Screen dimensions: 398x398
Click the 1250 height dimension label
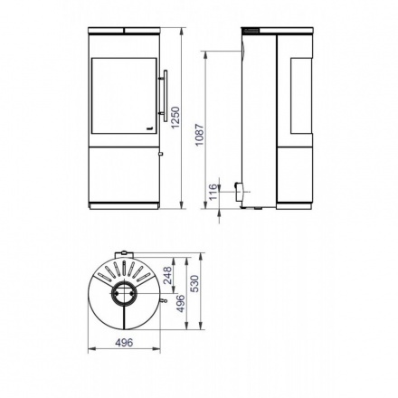(x=175, y=118)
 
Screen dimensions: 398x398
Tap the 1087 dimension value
(x=200, y=135)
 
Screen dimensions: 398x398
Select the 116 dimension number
(x=213, y=192)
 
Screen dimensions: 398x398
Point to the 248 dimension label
(x=167, y=275)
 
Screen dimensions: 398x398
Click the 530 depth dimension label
(x=195, y=283)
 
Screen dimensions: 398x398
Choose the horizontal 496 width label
(x=124, y=343)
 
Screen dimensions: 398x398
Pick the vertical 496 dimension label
(x=181, y=303)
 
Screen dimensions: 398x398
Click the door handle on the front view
(x=165, y=96)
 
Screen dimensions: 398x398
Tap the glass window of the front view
(x=124, y=96)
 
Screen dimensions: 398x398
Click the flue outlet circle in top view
(x=124, y=294)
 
